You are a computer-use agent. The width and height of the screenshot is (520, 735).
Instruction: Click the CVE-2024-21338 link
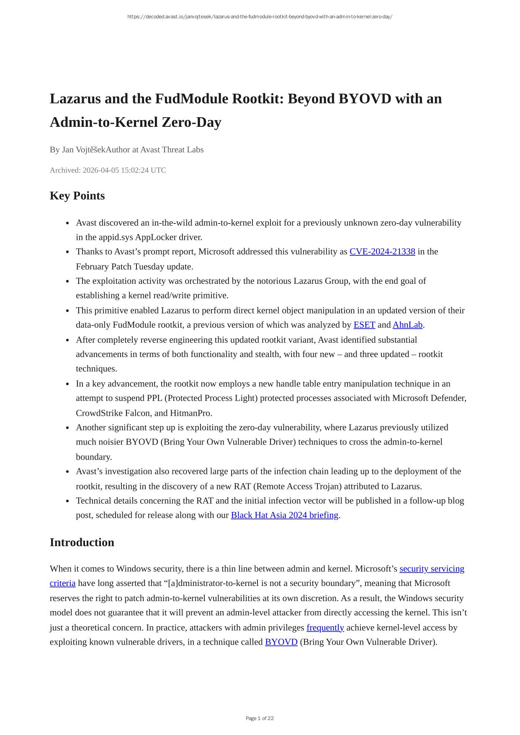click(382, 252)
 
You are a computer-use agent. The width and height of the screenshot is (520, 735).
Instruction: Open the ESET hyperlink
click(364, 325)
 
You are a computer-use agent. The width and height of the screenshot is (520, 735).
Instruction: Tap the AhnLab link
click(407, 325)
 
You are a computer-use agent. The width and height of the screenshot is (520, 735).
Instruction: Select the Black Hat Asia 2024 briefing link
click(284, 515)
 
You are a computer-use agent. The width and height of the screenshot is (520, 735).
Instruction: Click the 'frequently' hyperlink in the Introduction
click(325, 627)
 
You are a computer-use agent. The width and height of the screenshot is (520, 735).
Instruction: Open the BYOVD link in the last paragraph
click(281, 642)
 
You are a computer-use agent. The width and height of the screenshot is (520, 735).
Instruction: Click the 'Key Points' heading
click(77, 196)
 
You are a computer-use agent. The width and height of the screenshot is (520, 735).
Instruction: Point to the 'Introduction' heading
click(82, 542)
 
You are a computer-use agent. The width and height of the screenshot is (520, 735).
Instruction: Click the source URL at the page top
click(260, 17)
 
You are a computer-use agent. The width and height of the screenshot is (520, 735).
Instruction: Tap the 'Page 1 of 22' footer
click(260, 718)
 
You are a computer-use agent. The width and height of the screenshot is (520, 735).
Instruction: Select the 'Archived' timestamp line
click(108, 170)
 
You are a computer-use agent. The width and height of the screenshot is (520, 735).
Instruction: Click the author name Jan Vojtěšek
click(84, 150)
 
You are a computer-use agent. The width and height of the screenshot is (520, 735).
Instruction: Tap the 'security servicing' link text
click(432, 569)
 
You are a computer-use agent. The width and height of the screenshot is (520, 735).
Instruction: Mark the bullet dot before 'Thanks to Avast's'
click(67, 252)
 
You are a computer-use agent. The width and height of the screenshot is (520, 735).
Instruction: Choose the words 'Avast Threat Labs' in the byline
click(172, 150)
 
